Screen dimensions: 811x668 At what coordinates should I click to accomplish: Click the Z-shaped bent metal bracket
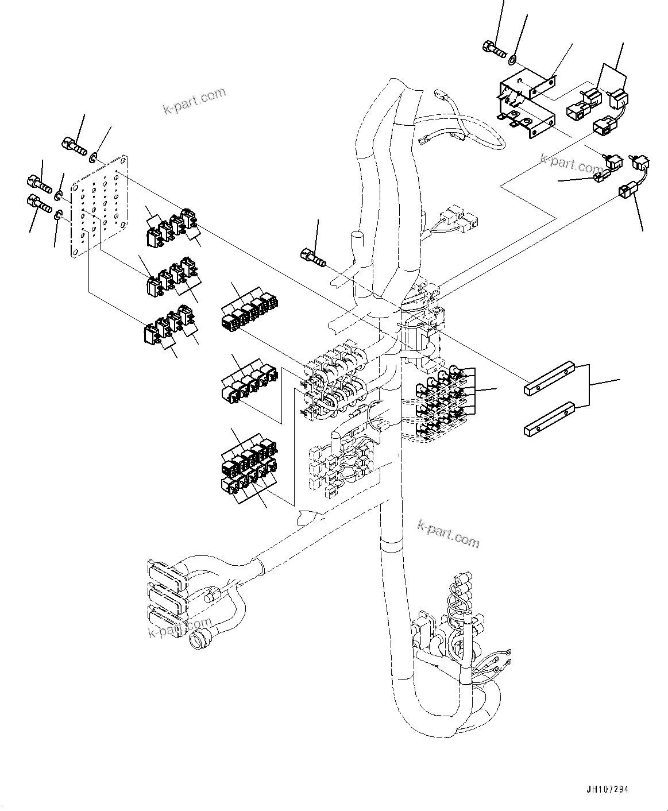click(x=526, y=105)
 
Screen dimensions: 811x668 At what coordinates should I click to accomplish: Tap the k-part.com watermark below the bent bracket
click(x=570, y=163)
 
